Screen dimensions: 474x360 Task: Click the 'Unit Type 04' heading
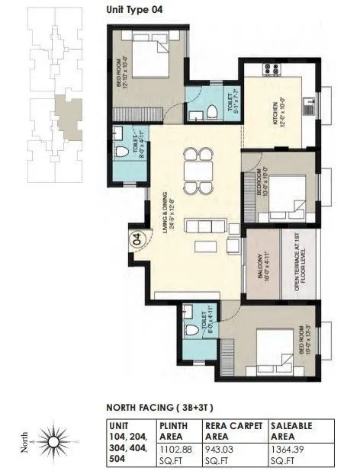(x=134, y=10)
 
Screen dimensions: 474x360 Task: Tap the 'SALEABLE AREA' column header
(x=292, y=431)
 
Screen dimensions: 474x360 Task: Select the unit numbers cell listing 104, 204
(x=127, y=441)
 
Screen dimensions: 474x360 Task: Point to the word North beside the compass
(x=24, y=443)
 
